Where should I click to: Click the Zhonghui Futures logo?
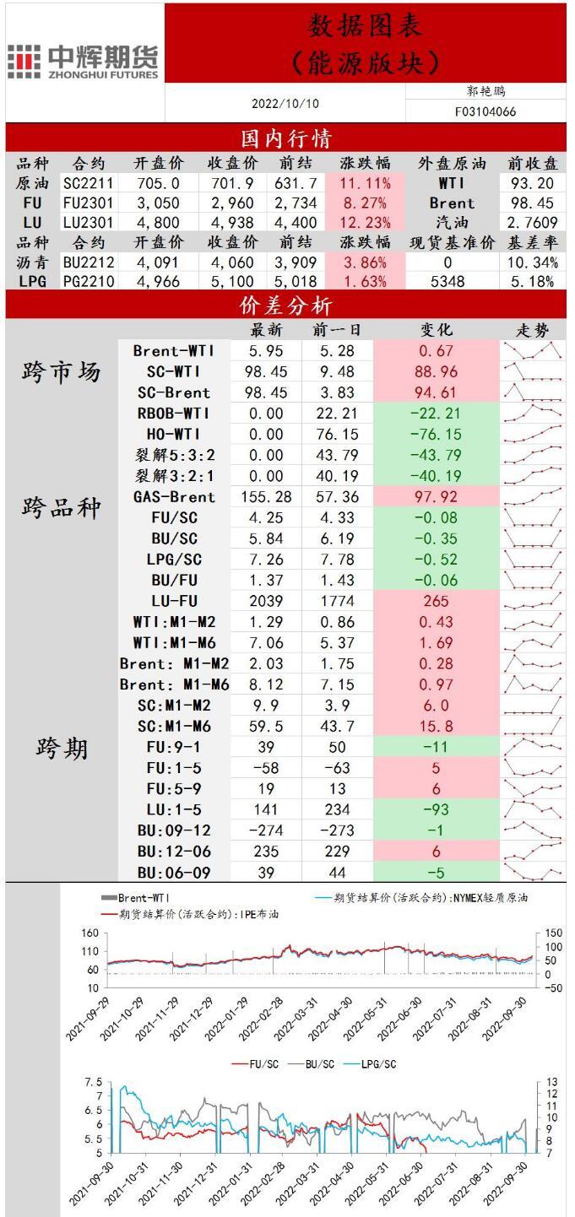click(83, 62)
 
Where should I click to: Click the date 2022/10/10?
click(285, 104)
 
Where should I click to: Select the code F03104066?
click(485, 111)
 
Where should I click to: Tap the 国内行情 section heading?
click(286, 138)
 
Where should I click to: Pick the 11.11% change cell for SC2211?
click(364, 183)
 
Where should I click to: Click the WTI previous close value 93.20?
click(533, 183)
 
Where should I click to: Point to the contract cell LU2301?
click(89, 223)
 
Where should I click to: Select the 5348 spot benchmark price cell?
click(447, 282)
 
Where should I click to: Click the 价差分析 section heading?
click(286, 305)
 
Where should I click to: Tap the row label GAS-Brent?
click(174, 497)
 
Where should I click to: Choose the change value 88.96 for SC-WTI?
click(437, 371)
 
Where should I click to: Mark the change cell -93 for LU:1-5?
click(437, 809)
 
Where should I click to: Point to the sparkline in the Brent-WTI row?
click(533, 349)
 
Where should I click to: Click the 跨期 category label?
click(62, 748)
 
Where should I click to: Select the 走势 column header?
click(533, 329)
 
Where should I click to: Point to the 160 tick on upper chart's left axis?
click(90, 933)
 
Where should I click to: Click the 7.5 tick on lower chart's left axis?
click(92, 1083)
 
